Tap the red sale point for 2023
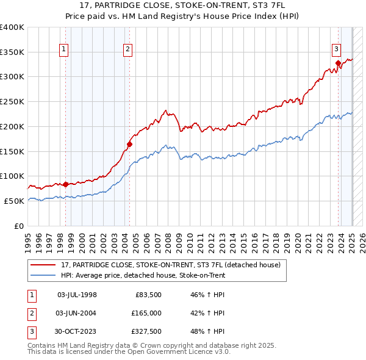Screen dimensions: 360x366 click(337, 62)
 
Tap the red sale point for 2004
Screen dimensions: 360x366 click(129, 144)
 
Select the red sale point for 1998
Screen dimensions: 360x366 click(65, 184)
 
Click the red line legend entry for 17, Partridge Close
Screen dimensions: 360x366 click(170, 265)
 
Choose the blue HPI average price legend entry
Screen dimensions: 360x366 click(143, 275)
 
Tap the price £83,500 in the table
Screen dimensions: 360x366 click(146, 295)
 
